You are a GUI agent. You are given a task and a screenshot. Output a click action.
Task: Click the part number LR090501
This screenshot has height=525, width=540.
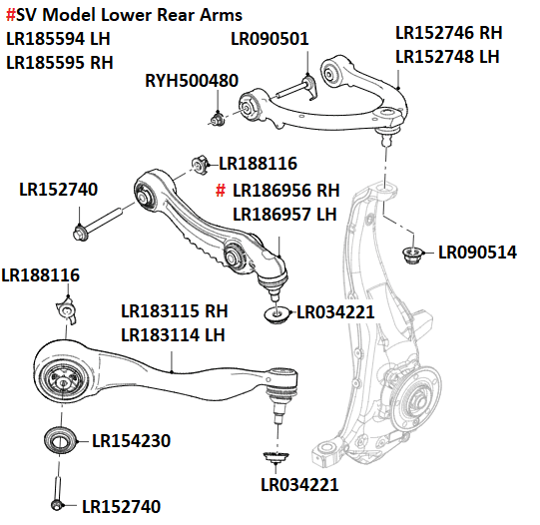click(270, 39)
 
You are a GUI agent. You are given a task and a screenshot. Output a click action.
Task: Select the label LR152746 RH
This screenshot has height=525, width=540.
click(449, 33)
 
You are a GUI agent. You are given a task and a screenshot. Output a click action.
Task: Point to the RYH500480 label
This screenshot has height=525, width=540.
click(192, 81)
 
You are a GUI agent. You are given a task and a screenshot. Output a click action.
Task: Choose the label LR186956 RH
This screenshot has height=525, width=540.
click(285, 190)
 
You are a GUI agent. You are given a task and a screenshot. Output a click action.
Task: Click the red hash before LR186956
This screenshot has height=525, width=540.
click(222, 190)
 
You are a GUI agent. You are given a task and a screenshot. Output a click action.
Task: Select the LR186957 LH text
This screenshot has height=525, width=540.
click(284, 214)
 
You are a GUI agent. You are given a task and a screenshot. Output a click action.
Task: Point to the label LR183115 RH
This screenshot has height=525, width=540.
click(174, 311)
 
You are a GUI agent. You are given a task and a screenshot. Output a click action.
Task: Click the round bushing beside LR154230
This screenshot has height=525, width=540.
click(60, 439)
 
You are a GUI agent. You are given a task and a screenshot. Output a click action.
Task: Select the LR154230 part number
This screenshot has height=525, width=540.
click(131, 440)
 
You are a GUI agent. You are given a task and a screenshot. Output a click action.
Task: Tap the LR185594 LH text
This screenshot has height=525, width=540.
click(59, 39)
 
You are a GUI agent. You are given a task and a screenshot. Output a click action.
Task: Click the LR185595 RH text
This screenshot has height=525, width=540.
click(59, 62)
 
